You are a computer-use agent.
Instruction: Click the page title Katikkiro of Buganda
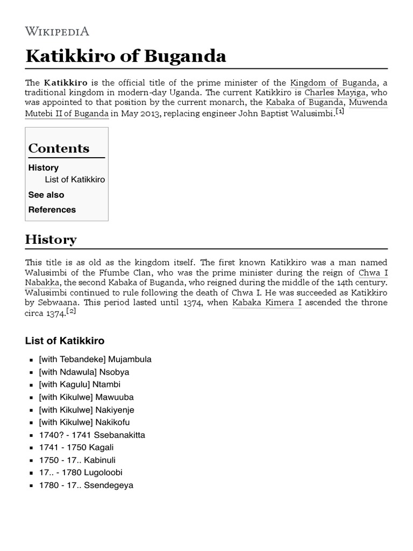(x=126, y=56)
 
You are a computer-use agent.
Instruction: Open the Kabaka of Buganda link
(x=304, y=103)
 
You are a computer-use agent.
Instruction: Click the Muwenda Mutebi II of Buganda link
(x=67, y=114)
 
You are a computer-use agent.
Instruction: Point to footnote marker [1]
(x=339, y=111)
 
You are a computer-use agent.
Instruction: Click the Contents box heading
(x=59, y=149)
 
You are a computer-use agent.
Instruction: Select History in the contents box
(x=44, y=168)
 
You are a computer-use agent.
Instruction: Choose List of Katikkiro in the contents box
(x=75, y=180)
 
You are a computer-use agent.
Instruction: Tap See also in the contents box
(x=46, y=195)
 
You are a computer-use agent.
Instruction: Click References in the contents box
(x=52, y=210)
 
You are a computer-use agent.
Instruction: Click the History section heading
(x=51, y=239)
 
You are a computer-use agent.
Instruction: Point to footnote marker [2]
(x=71, y=311)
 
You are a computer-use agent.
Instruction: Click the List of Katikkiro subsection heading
(x=65, y=341)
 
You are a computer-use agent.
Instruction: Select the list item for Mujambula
(x=95, y=359)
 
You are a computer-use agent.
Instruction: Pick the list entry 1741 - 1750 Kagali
(x=76, y=448)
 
